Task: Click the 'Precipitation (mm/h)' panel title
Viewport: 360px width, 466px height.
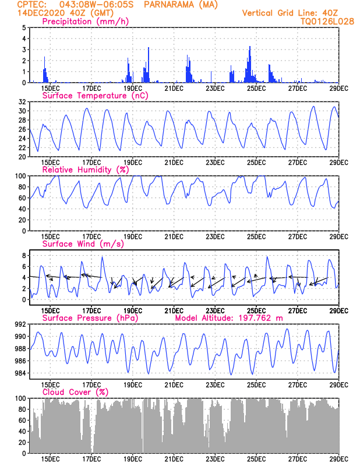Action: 85,22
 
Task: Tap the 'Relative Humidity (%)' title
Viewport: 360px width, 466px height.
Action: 85,170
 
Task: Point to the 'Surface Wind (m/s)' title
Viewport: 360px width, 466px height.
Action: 83,243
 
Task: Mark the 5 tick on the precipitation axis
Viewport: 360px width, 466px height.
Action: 23,27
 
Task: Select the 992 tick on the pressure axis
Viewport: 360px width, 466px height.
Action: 19,324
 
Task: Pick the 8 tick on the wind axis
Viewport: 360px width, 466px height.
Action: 23,256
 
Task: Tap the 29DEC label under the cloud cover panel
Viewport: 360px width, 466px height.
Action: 338,460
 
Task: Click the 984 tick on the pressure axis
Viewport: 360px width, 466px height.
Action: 19,373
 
